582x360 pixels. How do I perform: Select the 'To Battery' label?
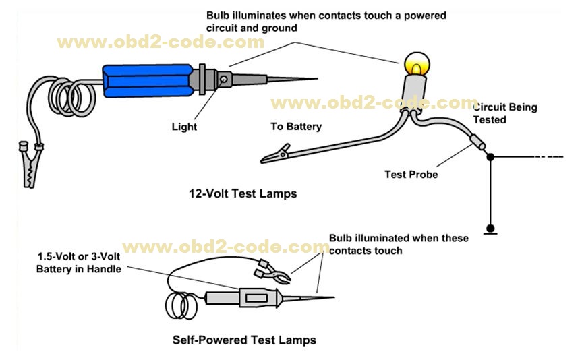[296, 126]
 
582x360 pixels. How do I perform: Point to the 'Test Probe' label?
[411, 174]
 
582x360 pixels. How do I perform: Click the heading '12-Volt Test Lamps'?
[243, 193]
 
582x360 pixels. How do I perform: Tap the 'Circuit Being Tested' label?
[499, 113]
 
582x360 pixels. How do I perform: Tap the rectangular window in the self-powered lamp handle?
[256, 297]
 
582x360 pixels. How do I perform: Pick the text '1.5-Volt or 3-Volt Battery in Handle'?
[80, 264]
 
